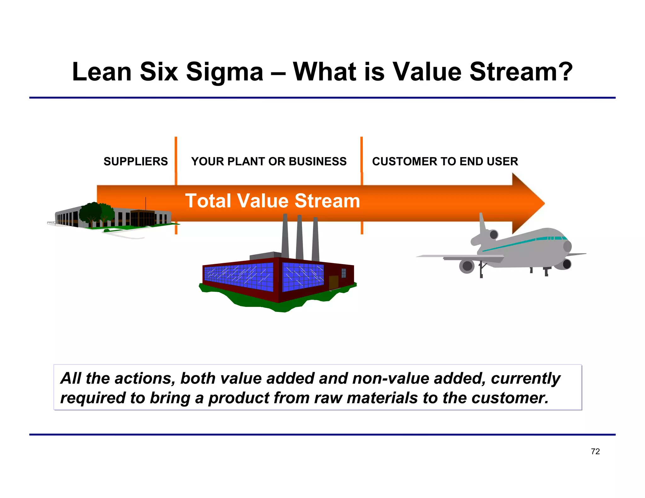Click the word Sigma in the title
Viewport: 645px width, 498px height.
coord(224,72)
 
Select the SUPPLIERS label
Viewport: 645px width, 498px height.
coord(135,161)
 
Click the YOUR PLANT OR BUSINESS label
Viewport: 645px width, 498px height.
coord(268,161)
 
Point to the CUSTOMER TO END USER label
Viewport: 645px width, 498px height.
coord(445,161)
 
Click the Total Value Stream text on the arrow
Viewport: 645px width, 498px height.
coord(272,201)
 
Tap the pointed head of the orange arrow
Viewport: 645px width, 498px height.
coord(529,203)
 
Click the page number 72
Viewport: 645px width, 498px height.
coord(595,451)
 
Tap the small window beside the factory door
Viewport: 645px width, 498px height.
coord(344,273)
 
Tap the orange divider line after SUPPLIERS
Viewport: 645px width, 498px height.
coord(176,157)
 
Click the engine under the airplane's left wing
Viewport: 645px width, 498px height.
coord(467,266)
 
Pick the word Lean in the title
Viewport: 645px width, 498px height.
coord(101,72)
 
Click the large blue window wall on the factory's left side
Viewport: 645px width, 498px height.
coord(239,277)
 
